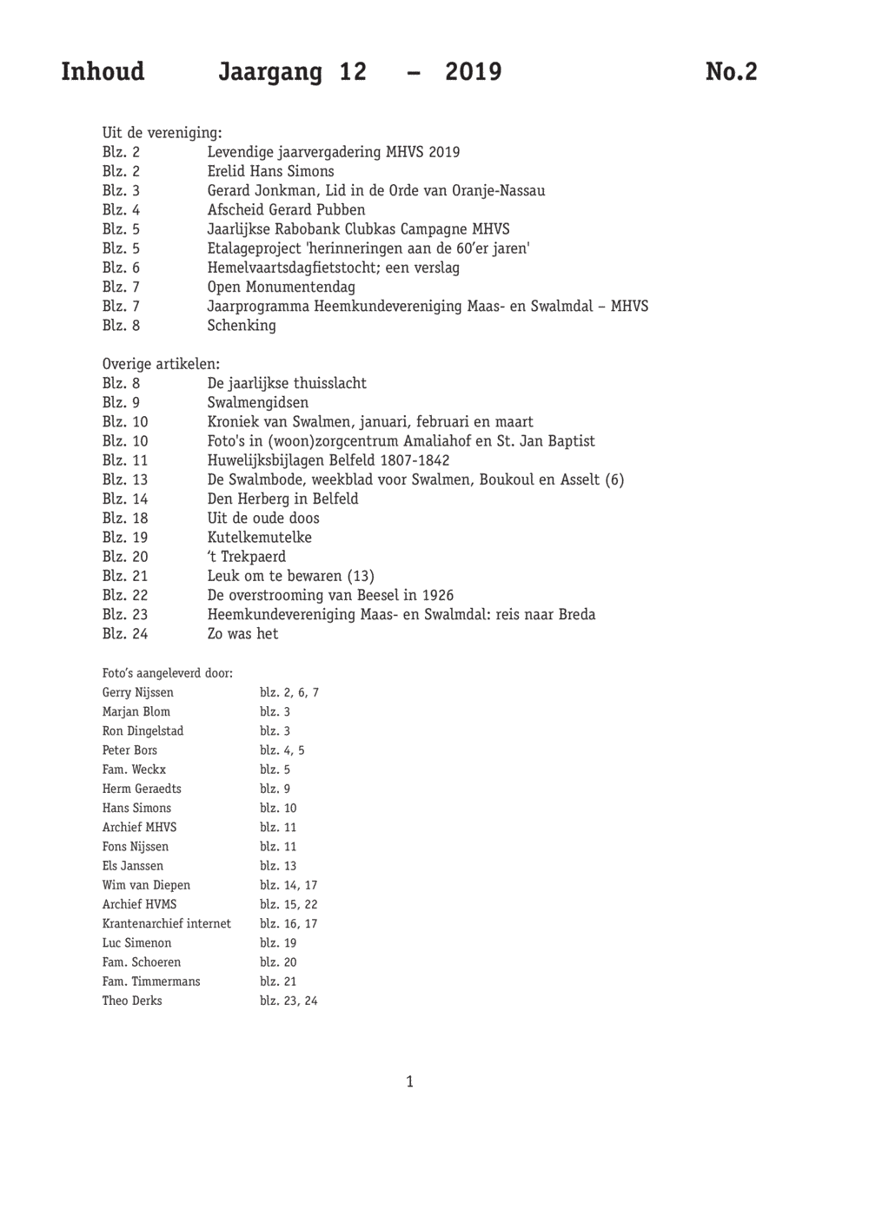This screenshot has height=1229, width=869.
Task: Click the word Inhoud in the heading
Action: (x=103, y=71)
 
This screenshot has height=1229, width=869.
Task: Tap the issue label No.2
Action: (x=731, y=71)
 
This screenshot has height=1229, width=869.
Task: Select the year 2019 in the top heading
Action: (x=473, y=71)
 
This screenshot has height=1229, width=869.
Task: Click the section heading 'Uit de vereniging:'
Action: (x=162, y=133)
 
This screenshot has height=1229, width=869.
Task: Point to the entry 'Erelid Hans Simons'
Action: (x=270, y=171)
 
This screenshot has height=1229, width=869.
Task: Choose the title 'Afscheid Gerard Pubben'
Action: (x=286, y=209)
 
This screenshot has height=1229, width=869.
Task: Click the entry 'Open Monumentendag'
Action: (x=281, y=287)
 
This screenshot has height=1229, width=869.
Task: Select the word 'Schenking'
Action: (x=242, y=325)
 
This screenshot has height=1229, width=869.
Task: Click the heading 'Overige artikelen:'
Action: (x=161, y=364)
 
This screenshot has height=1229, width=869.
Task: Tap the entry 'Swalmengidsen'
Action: (x=257, y=402)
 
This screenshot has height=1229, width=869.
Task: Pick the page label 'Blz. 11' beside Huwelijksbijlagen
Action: (x=125, y=460)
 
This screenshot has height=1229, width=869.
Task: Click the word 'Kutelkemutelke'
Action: (x=259, y=537)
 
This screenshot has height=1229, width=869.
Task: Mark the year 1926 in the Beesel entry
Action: (x=438, y=595)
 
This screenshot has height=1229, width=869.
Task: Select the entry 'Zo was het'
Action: (x=242, y=633)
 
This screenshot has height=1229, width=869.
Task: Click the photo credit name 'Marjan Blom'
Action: (x=136, y=711)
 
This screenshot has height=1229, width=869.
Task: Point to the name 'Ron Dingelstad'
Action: (x=143, y=730)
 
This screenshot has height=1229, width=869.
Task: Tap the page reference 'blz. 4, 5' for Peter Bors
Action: (x=282, y=750)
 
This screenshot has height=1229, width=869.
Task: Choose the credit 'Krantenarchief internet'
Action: (x=167, y=923)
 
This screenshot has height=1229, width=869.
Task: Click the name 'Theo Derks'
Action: (x=132, y=1001)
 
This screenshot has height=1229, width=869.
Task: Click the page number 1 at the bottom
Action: (x=409, y=1081)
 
